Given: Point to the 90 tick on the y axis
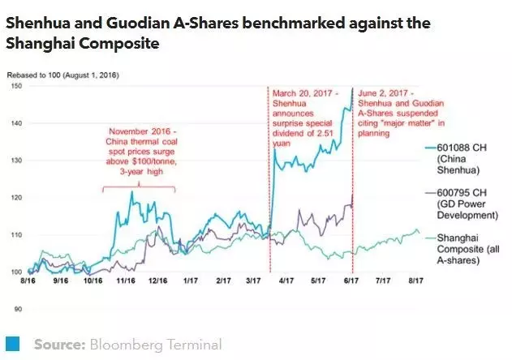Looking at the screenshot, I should pyautogui.click(x=15, y=309).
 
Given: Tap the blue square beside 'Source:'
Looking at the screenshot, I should pyautogui.click(x=13, y=345).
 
